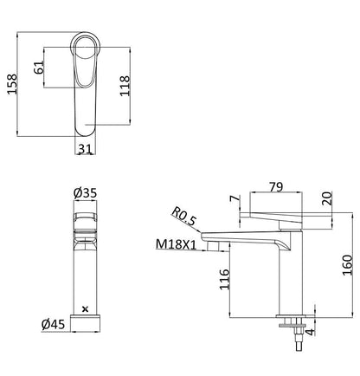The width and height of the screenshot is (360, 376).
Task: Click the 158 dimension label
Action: click(12, 84)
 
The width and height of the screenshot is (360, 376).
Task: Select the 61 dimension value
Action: click(39, 68)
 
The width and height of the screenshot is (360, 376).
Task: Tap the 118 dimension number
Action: click(125, 86)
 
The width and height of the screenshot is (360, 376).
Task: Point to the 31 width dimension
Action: click(85, 149)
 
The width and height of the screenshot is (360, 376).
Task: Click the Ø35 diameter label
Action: click(85, 193)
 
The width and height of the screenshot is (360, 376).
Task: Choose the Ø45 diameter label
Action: click(53, 325)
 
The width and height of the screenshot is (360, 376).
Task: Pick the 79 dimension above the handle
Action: click(276, 187)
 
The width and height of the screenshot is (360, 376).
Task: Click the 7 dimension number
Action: click(235, 198)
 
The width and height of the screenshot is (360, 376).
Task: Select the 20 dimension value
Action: click(327, 198)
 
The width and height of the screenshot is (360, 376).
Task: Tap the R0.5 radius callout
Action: click(183, 217)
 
